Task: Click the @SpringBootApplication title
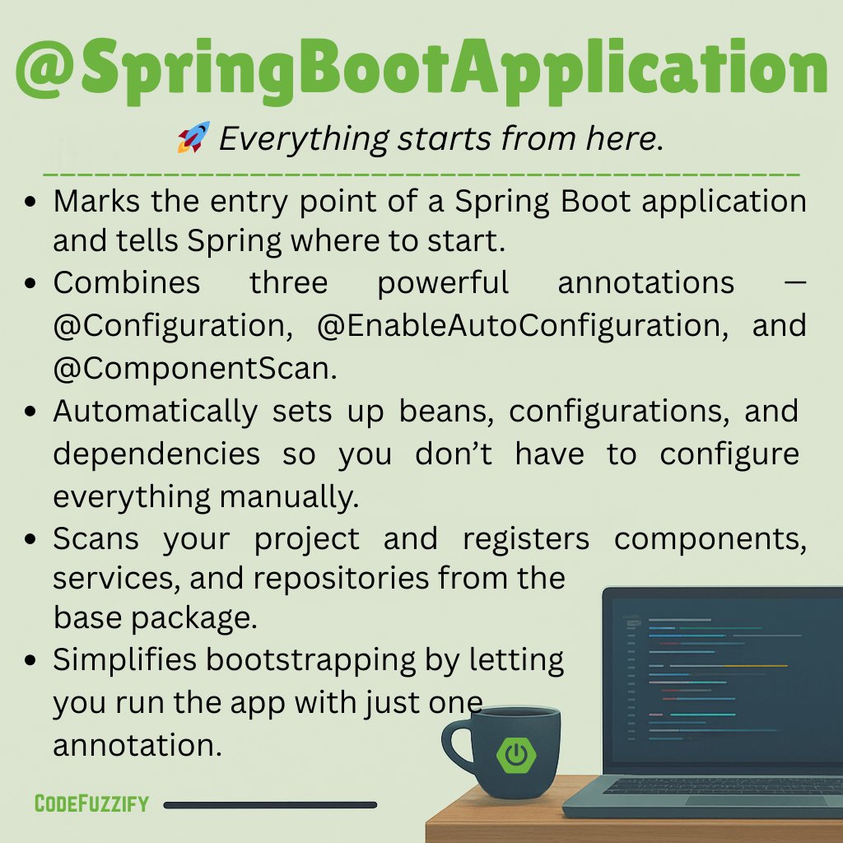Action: [421, 70]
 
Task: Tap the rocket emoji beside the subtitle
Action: [194, 137]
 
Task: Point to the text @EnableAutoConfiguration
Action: [519, 326]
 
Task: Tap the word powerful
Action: [444, 283]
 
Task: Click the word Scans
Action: [96, 539]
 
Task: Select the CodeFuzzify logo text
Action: [91, 803]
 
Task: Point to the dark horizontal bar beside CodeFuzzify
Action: [270, 804]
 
